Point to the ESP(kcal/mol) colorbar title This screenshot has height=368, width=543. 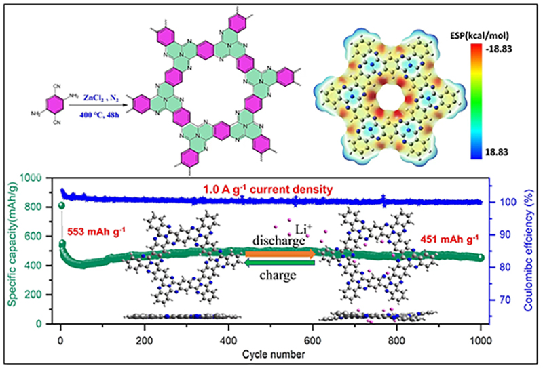(x=479, y=34)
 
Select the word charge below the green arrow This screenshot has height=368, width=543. (x=279, y=276)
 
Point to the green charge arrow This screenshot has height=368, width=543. (x=279, y=264)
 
